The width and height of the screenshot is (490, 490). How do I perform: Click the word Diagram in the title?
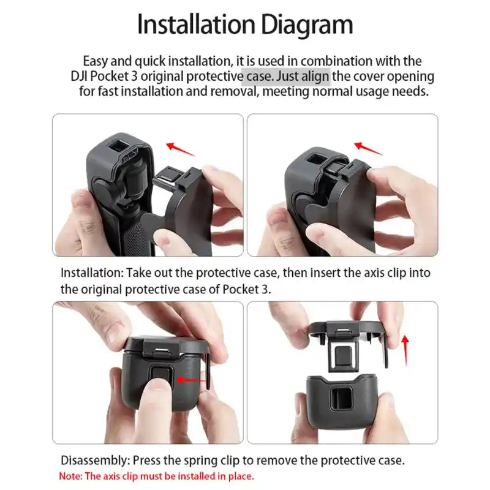[307, 24]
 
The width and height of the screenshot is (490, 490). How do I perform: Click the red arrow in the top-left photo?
[180, 148]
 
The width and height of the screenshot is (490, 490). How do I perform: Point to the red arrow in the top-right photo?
[369, 148]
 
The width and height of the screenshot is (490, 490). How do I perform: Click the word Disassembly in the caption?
[94, 460]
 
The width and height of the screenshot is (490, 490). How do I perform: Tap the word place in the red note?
[241, 476]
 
